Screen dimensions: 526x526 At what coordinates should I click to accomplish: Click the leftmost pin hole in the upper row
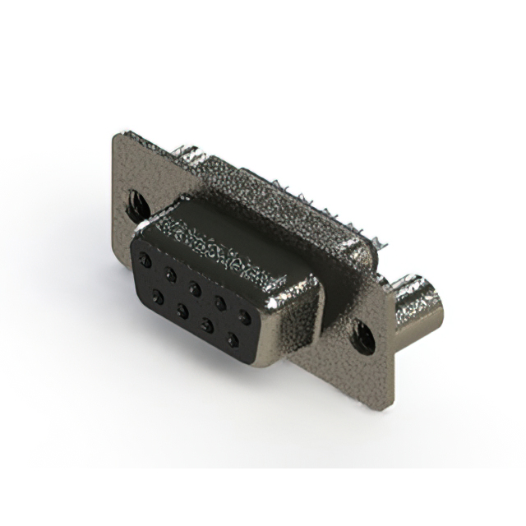[x=145, y=260]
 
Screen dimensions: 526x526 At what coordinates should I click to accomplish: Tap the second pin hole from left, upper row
[x=170, y=273]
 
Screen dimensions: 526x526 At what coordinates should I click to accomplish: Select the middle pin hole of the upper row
[x=195, y=287]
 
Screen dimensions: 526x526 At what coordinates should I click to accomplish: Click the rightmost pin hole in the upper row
[x=244, y=315]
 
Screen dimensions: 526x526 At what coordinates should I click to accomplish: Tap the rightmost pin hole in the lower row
[x=233, y=339]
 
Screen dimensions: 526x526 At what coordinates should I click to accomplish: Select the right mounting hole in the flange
[x=363, y=335]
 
